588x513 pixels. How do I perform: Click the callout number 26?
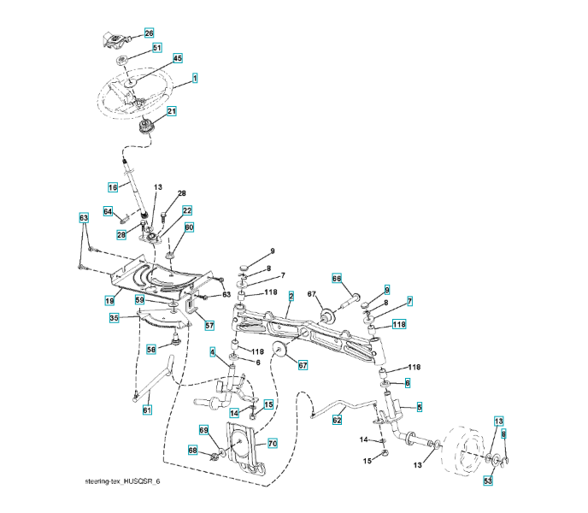pos(149,33)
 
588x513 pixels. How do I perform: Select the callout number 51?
pos(156,48)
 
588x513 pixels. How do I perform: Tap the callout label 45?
pos(178,58)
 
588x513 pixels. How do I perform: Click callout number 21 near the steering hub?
pos(172,111)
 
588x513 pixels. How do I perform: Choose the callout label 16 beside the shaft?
pos(112,186)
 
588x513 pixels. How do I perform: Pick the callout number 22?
pos(186,210)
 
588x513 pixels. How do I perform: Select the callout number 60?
pos(189,227)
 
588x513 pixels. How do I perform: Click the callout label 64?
pos(109,211)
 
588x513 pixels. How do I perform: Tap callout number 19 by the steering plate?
pos(109,301)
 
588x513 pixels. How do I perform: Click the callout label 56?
pos(150,348)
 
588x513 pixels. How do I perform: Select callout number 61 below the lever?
pos(146,410)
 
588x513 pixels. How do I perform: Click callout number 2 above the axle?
pos(291,296)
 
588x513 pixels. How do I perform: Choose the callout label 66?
pos(337,278)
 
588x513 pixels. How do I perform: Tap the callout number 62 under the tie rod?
pos(337,420)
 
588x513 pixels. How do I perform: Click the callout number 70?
pos(273,443)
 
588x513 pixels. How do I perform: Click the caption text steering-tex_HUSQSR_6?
pos(116,481)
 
